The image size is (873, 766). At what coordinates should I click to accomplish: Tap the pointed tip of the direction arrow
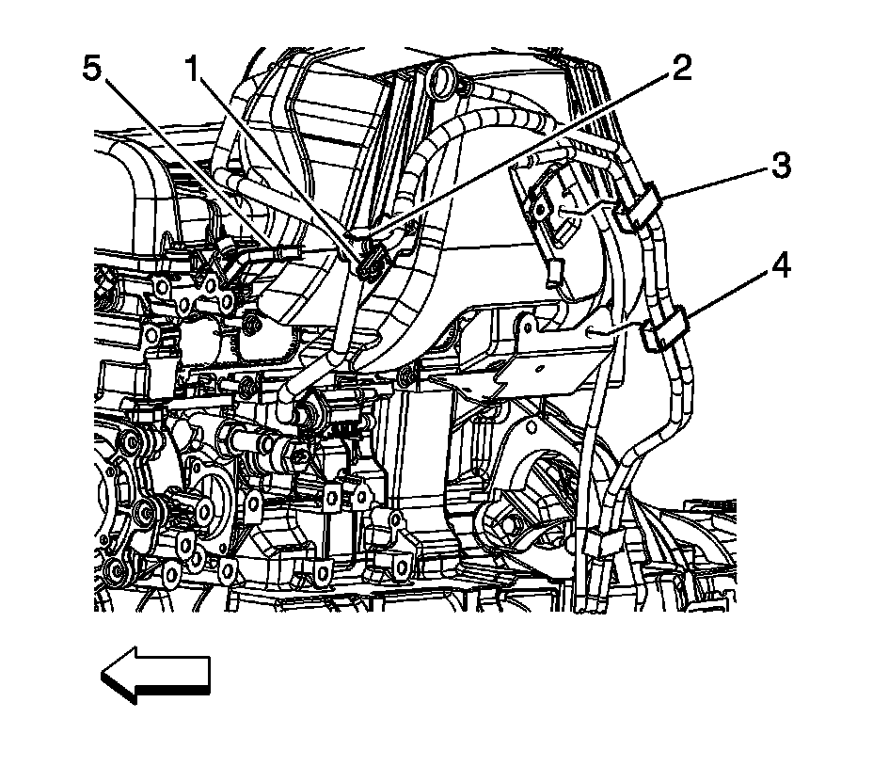[x=103, y=674]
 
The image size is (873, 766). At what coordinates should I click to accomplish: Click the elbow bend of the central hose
[x=287, y=386]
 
